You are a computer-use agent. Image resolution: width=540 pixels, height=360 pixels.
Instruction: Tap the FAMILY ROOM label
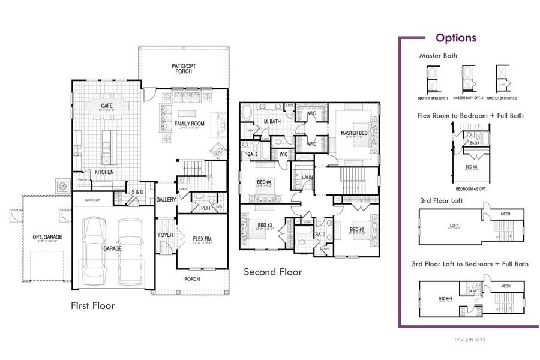[x=190, y=124]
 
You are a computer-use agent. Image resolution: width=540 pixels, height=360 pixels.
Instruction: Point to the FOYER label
[x=166, y=235]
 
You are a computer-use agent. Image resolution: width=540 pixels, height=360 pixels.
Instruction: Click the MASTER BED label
[x=353, y=133]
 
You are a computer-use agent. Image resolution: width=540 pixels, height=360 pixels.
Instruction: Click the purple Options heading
[x=456, y=38]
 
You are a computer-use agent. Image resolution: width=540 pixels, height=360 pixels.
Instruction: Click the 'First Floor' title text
[x=92, y=306]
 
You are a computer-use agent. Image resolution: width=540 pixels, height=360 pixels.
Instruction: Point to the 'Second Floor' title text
[x=272, y=272]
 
